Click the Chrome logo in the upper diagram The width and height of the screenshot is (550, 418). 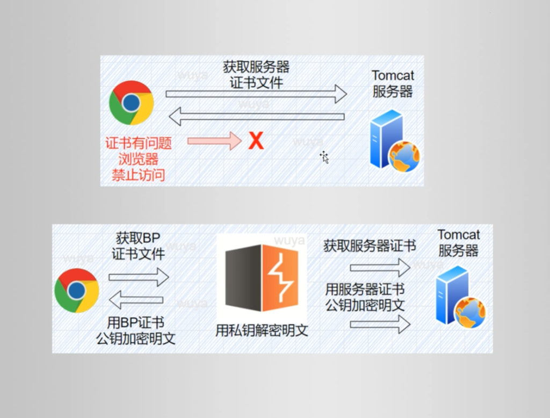(132, 103)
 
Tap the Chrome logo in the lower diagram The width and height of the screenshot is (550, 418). (77, 290)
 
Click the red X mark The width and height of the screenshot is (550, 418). (256, 141)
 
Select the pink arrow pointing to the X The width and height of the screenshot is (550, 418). (214, 141)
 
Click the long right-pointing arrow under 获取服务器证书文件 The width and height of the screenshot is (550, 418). (256, 93)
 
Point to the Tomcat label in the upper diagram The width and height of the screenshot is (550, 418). (393, 75)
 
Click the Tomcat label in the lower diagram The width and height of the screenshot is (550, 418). (458, 235)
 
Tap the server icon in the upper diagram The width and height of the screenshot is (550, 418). (394, 140)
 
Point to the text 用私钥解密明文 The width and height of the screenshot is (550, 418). (262, 330)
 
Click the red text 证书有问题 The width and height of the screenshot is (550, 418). (139, 143)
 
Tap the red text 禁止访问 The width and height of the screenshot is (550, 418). (138, 175)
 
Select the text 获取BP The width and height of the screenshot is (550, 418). (138, 238)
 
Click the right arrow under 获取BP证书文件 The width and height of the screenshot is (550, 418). (139, 277)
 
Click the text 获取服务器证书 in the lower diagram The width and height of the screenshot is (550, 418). (370, 246)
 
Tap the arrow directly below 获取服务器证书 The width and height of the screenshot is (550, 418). (380, 267)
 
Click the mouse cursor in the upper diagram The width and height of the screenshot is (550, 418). (324, 157)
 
